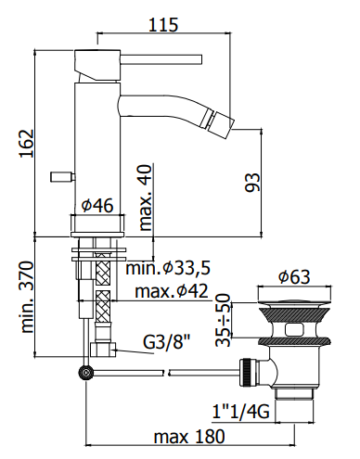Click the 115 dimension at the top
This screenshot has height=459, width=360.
coord(163,25)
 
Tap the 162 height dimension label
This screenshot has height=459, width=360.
coord(26,144)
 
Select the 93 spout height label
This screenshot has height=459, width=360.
coord(252,183)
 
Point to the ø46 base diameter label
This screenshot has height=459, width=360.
coord(97,205)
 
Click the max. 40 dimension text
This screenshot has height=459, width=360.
coord(146,198)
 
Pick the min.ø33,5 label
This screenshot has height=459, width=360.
coord(168,268)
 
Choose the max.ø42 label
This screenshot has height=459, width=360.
coord(172,291)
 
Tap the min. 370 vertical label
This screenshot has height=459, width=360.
coord(26,297)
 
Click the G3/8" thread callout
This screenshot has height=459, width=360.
coord(166,342)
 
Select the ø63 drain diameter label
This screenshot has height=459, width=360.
coord(294,276)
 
